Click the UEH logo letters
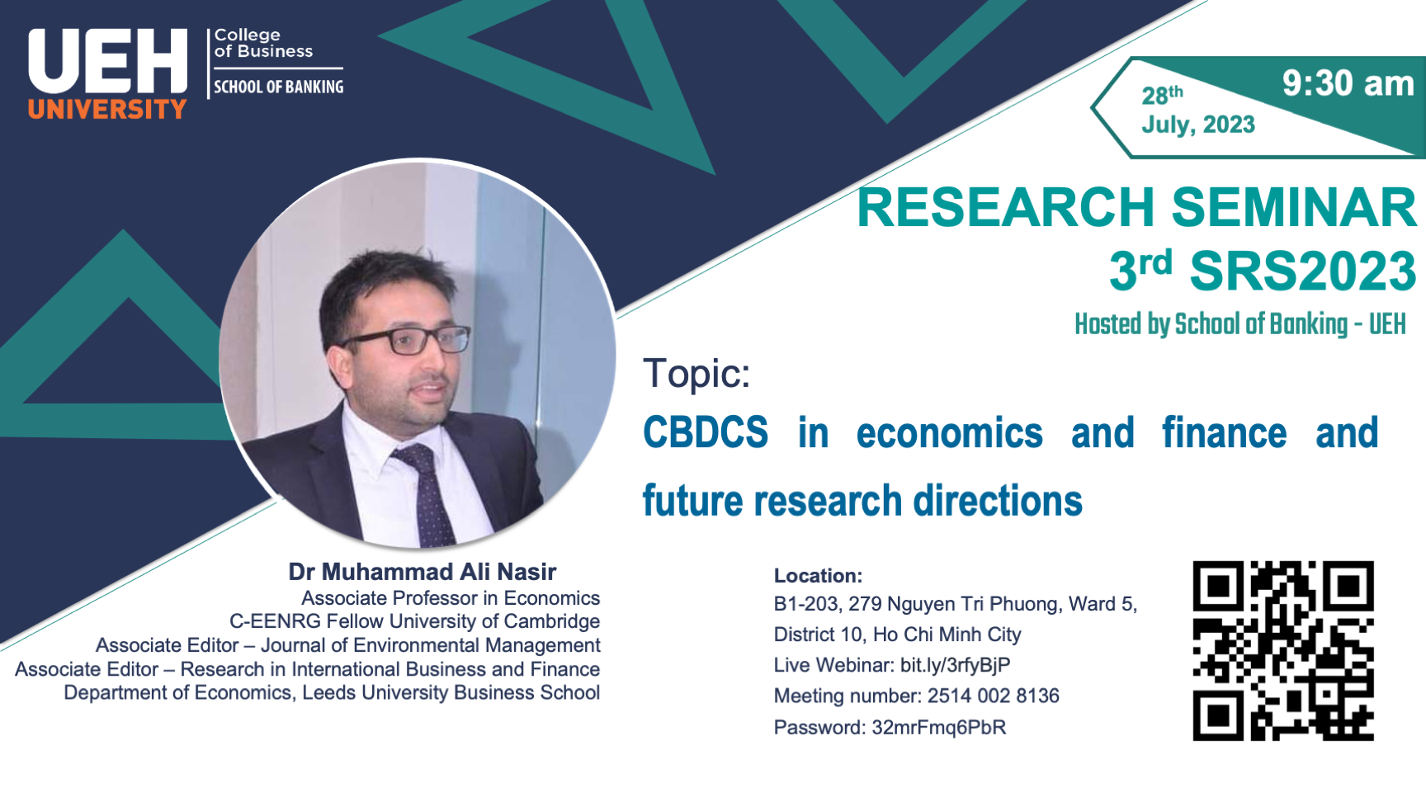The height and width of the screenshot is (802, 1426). point(107,61)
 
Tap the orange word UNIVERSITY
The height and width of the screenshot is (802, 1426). point(107,109)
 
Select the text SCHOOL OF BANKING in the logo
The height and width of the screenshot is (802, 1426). point(279,87)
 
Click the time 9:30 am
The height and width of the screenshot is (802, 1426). point(1348,83)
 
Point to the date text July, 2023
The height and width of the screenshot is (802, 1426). point(1197,125)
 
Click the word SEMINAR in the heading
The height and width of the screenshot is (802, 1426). point(1294,207)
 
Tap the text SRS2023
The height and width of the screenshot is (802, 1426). point(1303,271)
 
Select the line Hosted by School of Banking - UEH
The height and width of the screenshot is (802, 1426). point(1239,324)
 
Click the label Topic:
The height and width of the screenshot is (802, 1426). point(696,373)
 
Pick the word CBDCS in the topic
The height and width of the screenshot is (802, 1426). point(706,433)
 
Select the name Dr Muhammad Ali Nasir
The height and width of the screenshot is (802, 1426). point(423,572)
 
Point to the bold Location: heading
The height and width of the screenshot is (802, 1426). point(818,576)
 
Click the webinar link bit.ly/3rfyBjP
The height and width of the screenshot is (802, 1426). point(955,665)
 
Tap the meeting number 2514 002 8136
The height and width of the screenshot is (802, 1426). point(994,696)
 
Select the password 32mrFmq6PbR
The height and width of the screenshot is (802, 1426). point(939,728)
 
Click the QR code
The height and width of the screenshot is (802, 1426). point(1283,651)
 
